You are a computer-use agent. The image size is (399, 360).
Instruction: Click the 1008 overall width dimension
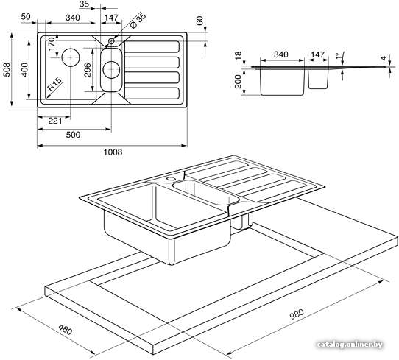(113, 152)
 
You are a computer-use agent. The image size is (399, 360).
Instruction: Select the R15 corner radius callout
(54, 84)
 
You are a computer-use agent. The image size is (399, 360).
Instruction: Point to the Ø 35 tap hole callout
(138, 21)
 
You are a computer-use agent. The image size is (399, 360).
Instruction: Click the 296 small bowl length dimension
(88, 70)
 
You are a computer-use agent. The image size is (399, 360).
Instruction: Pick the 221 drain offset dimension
(55, 121)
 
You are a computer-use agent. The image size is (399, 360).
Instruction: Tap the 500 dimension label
(73, 135)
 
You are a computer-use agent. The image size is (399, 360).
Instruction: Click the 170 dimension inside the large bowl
(52, 43)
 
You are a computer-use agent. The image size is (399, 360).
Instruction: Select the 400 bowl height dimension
(25, 70)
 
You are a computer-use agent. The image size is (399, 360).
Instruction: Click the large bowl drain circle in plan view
(71, 57)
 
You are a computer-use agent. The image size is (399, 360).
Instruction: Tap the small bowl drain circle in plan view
(111, 70)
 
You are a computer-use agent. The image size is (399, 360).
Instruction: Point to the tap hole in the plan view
(111, 40)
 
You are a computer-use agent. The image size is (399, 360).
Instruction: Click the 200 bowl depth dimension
(238, 82)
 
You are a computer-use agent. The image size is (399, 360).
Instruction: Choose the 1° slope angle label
(339, 56)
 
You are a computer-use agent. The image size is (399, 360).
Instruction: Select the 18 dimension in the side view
(238, 54)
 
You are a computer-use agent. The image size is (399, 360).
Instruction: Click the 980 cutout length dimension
(297, 314)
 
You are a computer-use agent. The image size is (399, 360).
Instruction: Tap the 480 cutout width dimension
(66, 330)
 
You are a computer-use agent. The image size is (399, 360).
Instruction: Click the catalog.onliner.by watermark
(350, 345)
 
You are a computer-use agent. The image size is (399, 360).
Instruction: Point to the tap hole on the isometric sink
(170, 179)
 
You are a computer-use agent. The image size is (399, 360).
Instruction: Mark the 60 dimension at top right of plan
(200, 21)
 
